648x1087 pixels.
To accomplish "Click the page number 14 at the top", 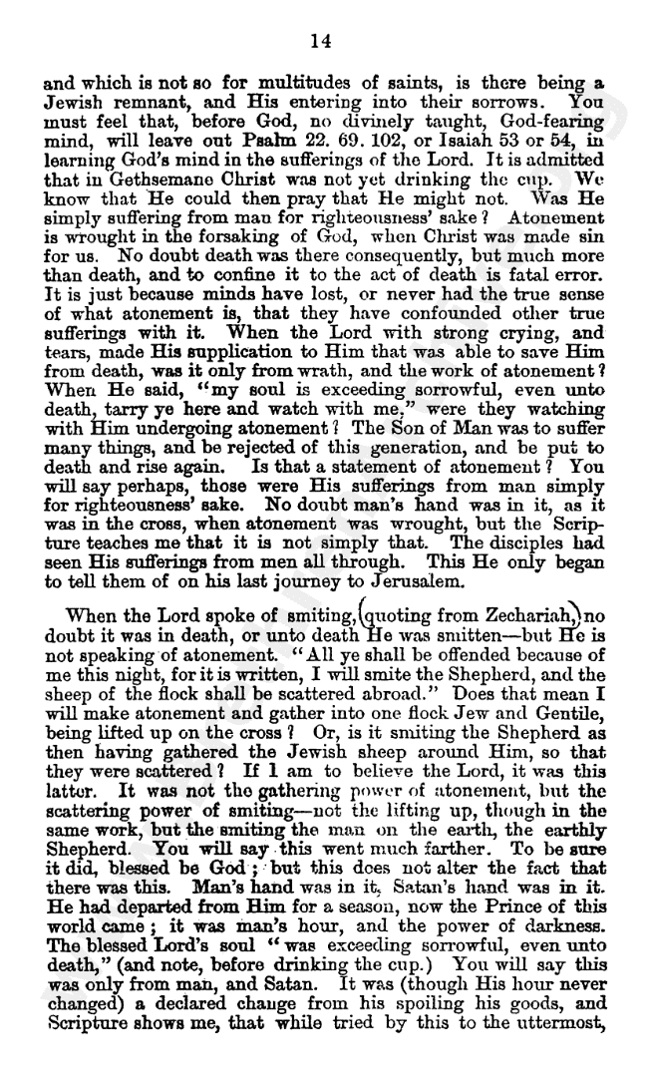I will pos(320,40).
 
